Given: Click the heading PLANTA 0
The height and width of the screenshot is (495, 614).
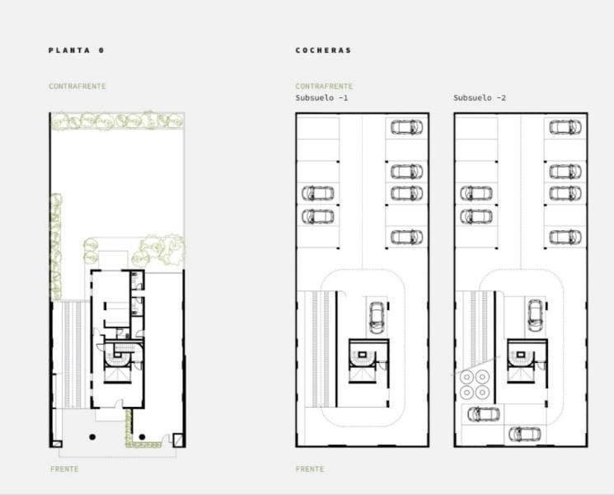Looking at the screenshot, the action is pyautogui.click(x=77, y=50).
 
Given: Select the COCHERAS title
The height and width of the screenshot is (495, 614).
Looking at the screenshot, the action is pyautogui.click(x=323, y=50).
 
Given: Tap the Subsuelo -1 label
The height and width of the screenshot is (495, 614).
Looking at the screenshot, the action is pyautogui.click(x=321, y=97).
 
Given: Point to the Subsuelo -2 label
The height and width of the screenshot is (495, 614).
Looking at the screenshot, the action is pyautogui.click(x=480, y=97).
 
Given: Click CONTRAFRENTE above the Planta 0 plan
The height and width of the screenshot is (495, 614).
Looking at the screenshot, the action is pyautogui.click(x=77, y=87).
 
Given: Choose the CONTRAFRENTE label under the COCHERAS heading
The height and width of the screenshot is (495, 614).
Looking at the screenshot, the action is pyautogui.click(x=324, y=87).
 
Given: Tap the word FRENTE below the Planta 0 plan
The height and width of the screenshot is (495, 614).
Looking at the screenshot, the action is pyautogui.click(x=64, y=469).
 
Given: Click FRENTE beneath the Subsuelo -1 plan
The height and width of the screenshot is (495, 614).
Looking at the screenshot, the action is pyautogui.click(x=310, y=469).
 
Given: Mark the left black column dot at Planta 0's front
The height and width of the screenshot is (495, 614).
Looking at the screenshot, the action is pyautogui.click(x=92, y=436).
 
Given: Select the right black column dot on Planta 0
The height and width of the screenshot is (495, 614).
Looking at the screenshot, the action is pyautogui.click(x=142, y=436).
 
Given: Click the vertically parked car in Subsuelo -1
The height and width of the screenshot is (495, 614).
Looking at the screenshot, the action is pyautogui.click(x=377, y=318).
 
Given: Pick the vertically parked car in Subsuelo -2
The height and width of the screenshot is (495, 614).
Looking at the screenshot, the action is pyautogui.click(x=535, y=315).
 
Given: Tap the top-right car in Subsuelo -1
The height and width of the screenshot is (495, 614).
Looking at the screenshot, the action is pyautogui.click(x=406, y=127).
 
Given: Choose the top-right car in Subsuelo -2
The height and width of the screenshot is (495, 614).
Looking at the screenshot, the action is pyautogui.click(x=565, y=127).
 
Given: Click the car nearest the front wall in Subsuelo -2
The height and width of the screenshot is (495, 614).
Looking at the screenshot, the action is pyautogui.click(x=525, y=434).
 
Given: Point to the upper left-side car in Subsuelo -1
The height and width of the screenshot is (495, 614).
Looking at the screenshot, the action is pyautogui.click(x=317, y=193).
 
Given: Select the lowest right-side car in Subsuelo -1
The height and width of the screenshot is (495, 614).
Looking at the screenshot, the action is pyautogui.click(x=406, y=237).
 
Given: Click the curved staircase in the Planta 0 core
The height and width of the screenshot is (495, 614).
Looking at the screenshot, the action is pyautogui.click(x=118, y=359).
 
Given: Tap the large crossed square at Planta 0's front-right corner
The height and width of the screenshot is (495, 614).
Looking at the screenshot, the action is pyautogui.click(x=178, y=440).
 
